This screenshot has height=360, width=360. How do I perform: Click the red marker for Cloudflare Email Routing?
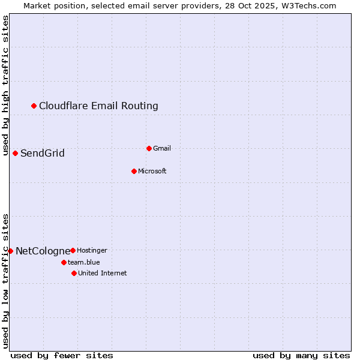point(34,106)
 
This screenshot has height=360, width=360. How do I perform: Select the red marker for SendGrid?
point(16,154)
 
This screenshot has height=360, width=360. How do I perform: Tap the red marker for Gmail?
point(149,148)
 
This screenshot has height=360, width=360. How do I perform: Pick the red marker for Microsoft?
point(134,172)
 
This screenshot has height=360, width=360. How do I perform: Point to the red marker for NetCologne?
point(10,251)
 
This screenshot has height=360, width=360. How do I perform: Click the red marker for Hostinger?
point(73,250)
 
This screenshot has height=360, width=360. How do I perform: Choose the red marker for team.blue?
point(64,262)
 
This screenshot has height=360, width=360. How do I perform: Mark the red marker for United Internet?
point(74,274)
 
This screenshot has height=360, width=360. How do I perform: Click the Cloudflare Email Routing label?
point(98,106)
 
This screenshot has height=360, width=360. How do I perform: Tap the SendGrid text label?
point(43,154)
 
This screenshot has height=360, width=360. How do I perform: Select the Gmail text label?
point(162,148)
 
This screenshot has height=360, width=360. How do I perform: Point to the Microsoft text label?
point(152,172)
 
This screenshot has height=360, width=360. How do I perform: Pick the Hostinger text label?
point(92,250)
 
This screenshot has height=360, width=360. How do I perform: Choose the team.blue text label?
point(84,262)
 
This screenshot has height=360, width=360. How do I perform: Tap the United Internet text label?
point(103,274)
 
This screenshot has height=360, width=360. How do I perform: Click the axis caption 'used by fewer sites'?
point(62,355)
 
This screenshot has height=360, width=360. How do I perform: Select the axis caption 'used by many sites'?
point(301,355)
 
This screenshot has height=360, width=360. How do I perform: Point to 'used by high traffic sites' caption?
point(6,86)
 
